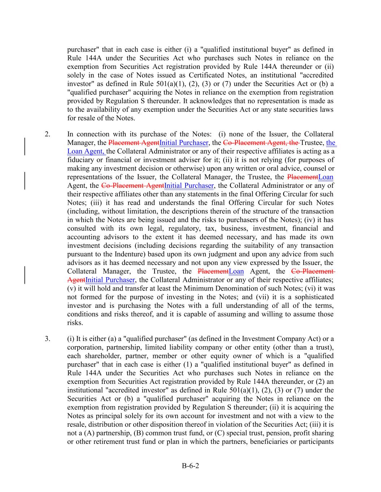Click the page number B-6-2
click(190, 466)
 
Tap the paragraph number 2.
click(47, 134)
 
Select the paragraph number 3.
click(47, 339)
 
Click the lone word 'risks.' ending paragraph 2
click(75, 323)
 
